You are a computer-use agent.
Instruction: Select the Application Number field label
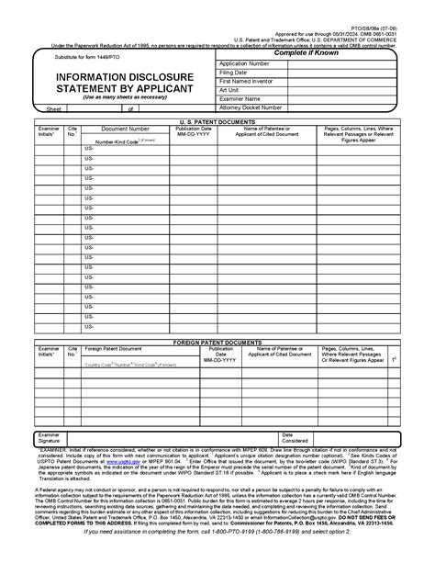pos(244,63)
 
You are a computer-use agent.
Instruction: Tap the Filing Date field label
pos(234,73)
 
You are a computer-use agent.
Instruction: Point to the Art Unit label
pos(230,90)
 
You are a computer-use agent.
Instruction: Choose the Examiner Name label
pos(240,98)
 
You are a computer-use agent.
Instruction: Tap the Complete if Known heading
pos(315,53)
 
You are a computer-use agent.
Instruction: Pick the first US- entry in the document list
pos(89,148)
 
